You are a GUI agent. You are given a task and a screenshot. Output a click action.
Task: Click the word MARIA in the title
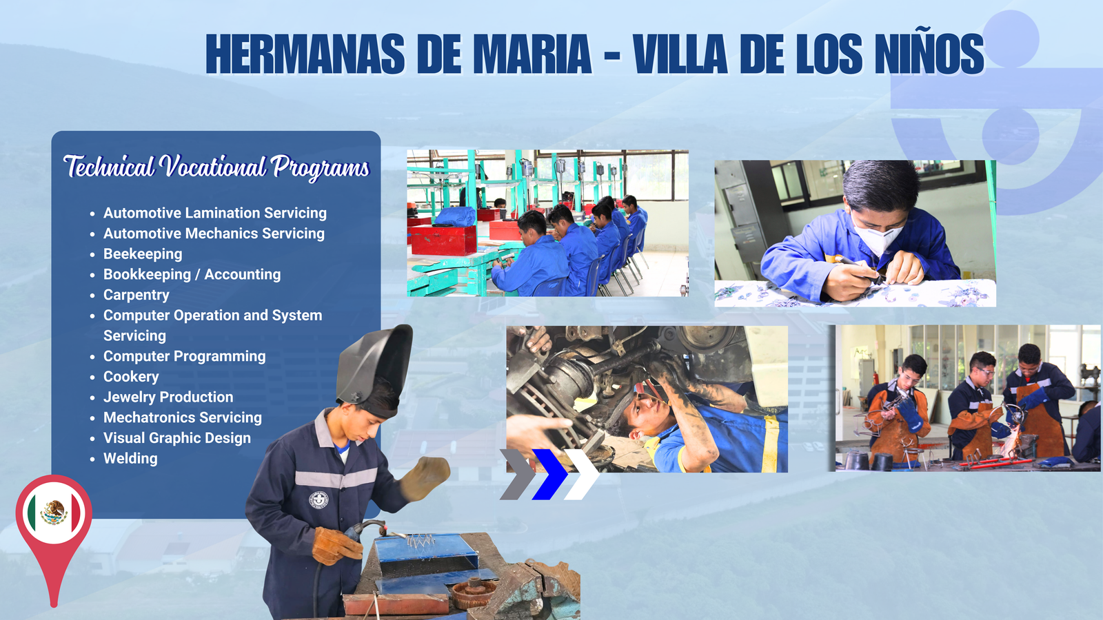tap(532, 54)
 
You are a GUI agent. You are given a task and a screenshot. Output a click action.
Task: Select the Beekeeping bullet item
tap(143, 254)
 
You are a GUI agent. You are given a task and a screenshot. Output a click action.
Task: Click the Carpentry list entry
tap(136, 295)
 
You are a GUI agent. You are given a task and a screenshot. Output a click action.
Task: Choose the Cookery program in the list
tap(131, 376)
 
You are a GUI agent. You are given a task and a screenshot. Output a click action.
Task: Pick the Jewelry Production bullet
tap(168, 397)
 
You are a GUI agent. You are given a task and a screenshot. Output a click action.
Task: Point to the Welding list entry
tap(130, 459)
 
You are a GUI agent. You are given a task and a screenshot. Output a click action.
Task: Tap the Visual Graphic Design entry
tap(177, 438)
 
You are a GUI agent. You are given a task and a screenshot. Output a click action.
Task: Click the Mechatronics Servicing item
tap(183, 417)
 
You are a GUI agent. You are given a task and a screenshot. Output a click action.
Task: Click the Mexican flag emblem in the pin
tap(54, 513)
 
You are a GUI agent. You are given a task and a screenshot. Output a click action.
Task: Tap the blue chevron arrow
tap(550, 475)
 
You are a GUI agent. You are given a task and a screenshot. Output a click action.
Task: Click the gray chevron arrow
tap(518, 475)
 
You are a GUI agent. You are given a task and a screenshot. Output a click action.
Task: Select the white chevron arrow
tap(582, 475)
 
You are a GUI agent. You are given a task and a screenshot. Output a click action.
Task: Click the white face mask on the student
tap(878, 237)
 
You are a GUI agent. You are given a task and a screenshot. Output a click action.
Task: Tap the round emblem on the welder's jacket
tap(318, 499)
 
